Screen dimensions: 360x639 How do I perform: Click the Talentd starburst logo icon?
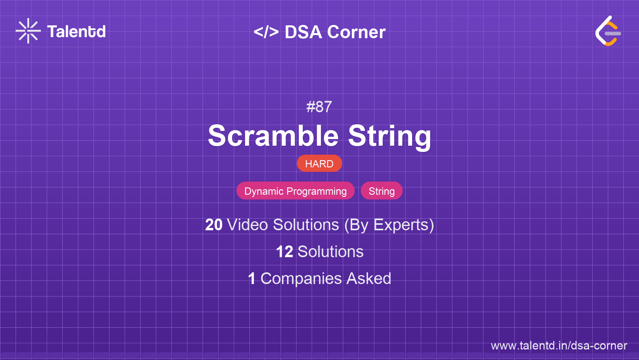click(x=28, y=31)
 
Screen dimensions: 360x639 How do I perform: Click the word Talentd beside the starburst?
click(x=76, y=32)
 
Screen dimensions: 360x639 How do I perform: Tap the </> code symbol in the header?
click(x=266, y=32)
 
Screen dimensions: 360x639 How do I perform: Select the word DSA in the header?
click(x=303, y=32)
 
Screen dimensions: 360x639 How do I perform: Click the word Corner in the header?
click(x=357, y=32)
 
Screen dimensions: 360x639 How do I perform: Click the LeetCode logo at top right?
click(x=608, y=31)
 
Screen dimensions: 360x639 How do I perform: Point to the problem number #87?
click(x=319, y=107)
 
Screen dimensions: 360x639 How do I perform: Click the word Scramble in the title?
click(x=273, y=136)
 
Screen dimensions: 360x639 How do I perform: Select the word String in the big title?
click(x=390, y=136)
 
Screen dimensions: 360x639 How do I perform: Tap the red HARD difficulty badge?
click(x=319, y=164)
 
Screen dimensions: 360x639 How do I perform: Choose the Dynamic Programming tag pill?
click(x=295, y=191)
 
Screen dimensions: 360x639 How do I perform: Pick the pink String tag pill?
click(x=381, y=191)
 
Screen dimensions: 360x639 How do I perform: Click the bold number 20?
click(x=214, y=225)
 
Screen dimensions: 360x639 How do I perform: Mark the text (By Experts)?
click(x=389, y=225)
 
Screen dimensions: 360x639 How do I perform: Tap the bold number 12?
click(x=284, y=252)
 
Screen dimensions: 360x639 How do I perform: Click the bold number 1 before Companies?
click(x=252, y=279)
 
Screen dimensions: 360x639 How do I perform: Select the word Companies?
click(x=301, y=279)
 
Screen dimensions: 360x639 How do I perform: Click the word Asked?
click(x=369, y=279)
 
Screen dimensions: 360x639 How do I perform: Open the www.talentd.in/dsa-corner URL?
click(x=559, y=346)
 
